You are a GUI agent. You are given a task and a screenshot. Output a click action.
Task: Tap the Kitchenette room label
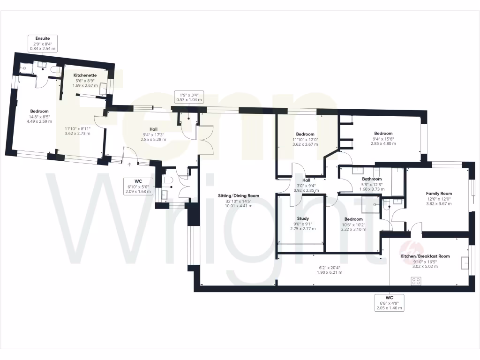(x=85, y=75)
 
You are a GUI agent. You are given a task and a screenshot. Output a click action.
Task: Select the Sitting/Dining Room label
(x=239, y=195)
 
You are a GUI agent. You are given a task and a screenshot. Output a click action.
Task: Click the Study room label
(x=303, y=218)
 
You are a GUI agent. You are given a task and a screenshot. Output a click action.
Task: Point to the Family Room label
(x=438, y=193)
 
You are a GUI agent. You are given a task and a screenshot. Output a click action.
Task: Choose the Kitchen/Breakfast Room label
(x=425, y=256)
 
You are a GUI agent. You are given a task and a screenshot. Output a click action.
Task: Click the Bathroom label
(x=372, y=179)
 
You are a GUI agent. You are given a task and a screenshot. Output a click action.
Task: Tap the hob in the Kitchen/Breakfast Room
(x=415, y=281)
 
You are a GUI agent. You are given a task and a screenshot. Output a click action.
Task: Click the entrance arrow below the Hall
(x=130, y=164)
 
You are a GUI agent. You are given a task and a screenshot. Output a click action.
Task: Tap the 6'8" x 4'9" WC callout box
(x=390, y=302)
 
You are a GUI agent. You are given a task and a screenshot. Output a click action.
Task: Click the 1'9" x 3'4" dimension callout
(x=188, y=97)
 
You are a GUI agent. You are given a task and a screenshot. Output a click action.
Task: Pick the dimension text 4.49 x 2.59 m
(x=38, y=121)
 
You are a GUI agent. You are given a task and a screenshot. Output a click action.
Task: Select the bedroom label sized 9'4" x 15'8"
(x=383, y=134)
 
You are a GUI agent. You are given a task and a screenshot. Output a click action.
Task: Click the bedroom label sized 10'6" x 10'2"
(x=353, y=219)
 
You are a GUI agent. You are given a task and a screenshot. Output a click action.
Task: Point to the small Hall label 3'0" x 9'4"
(x=306, y=180)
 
